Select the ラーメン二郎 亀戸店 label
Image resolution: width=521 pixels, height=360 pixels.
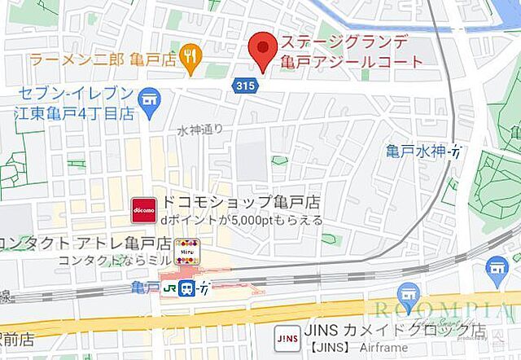point(104,58)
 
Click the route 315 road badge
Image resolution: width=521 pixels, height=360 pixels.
point(242,85)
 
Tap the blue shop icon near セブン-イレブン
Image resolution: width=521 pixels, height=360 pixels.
point(149,101)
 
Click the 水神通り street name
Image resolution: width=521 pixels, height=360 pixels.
point(200,130)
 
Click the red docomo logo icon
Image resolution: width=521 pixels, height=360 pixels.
point(144,209)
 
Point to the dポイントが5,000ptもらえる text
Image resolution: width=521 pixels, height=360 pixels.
point(241,220)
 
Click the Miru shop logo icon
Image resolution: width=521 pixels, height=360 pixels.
point(186,249)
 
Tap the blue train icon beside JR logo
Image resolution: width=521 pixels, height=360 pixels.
point(186,288)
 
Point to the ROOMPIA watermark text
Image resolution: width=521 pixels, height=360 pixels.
point(440,310)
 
